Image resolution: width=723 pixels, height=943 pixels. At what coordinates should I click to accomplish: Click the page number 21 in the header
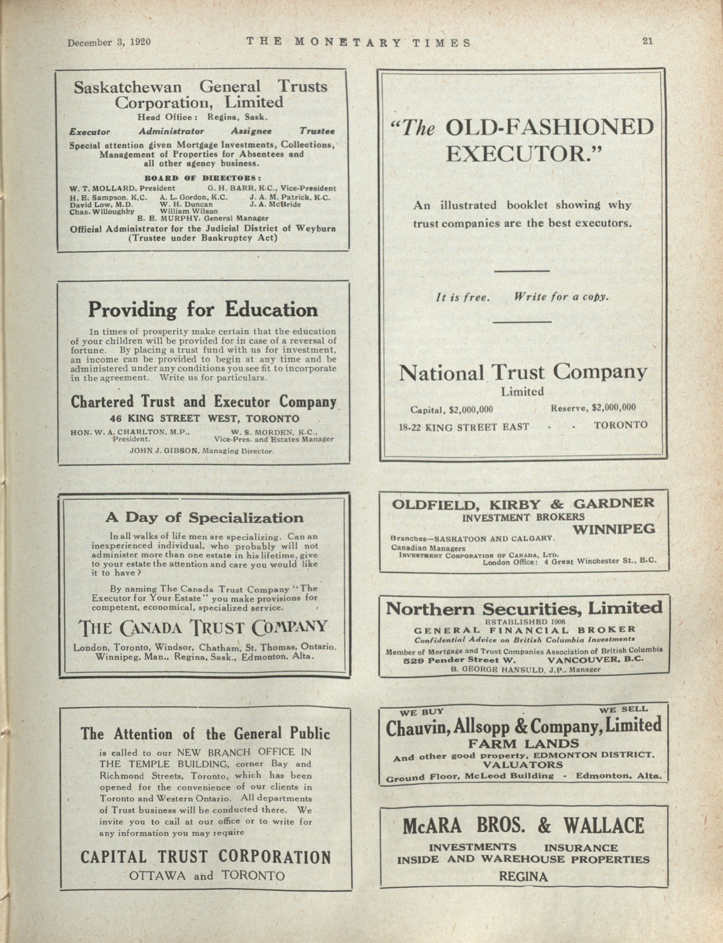(647, 41)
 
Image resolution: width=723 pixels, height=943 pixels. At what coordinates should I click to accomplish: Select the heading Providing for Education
(203, 310)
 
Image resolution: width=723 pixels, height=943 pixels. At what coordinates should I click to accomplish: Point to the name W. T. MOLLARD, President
(122, 188)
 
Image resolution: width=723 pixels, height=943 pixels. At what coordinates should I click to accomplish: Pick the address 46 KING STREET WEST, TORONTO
(204, 418)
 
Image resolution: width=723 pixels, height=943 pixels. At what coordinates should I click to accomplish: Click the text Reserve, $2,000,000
(593, 408)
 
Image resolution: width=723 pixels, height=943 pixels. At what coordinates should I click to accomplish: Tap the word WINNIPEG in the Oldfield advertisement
(614, 529)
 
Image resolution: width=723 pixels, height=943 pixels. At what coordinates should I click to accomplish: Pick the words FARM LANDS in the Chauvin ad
(524, 743)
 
